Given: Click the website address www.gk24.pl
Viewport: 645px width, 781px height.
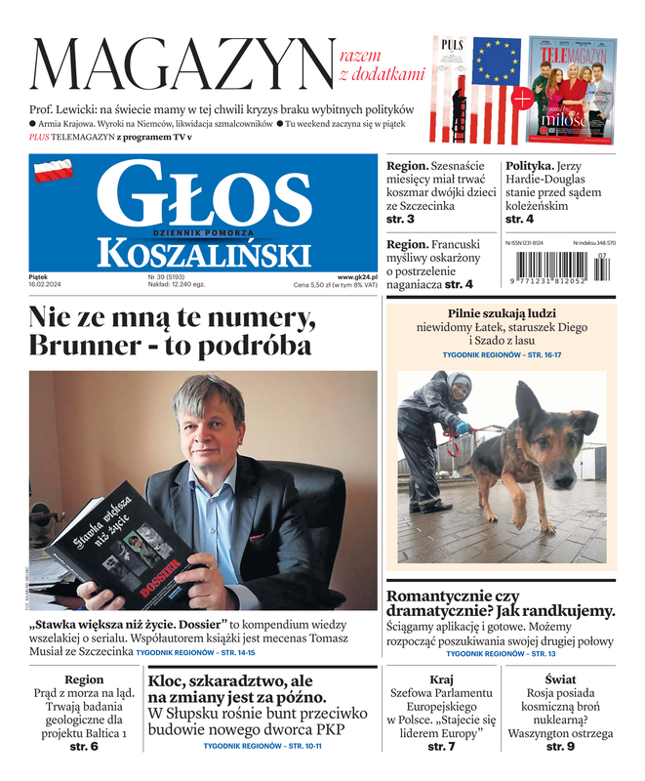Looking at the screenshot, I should pyautogui.click(x=357, y=277).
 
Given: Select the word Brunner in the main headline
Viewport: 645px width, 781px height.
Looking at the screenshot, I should pyautogui.click(x=84, y=346).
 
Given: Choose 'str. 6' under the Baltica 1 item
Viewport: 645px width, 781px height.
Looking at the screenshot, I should pyautogui.click(x=83, y=747).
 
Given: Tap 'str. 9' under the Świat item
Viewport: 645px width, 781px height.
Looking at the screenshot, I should pyautogui.click(x=560, y=747).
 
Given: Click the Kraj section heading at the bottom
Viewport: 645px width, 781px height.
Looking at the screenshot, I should pyautogui.click(x=441, y=678).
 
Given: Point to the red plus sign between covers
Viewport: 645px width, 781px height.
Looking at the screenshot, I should pyautogui.click(x=523, y=99).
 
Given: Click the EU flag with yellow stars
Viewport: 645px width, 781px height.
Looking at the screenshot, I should pyautogui.click(x=497, y=62).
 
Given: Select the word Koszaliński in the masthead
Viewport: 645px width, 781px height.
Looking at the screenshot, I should pyautogui.click(x=203, y=254).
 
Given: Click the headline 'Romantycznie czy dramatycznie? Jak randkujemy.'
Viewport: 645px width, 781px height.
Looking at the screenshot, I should pyautogui.click(x=501, y=602).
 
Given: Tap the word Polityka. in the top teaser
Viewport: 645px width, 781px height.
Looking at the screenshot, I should pyautogui.click(x=531, y=166).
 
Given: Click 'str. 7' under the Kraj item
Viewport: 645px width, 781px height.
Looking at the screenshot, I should pyautogui.click(x=441, y=747).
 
